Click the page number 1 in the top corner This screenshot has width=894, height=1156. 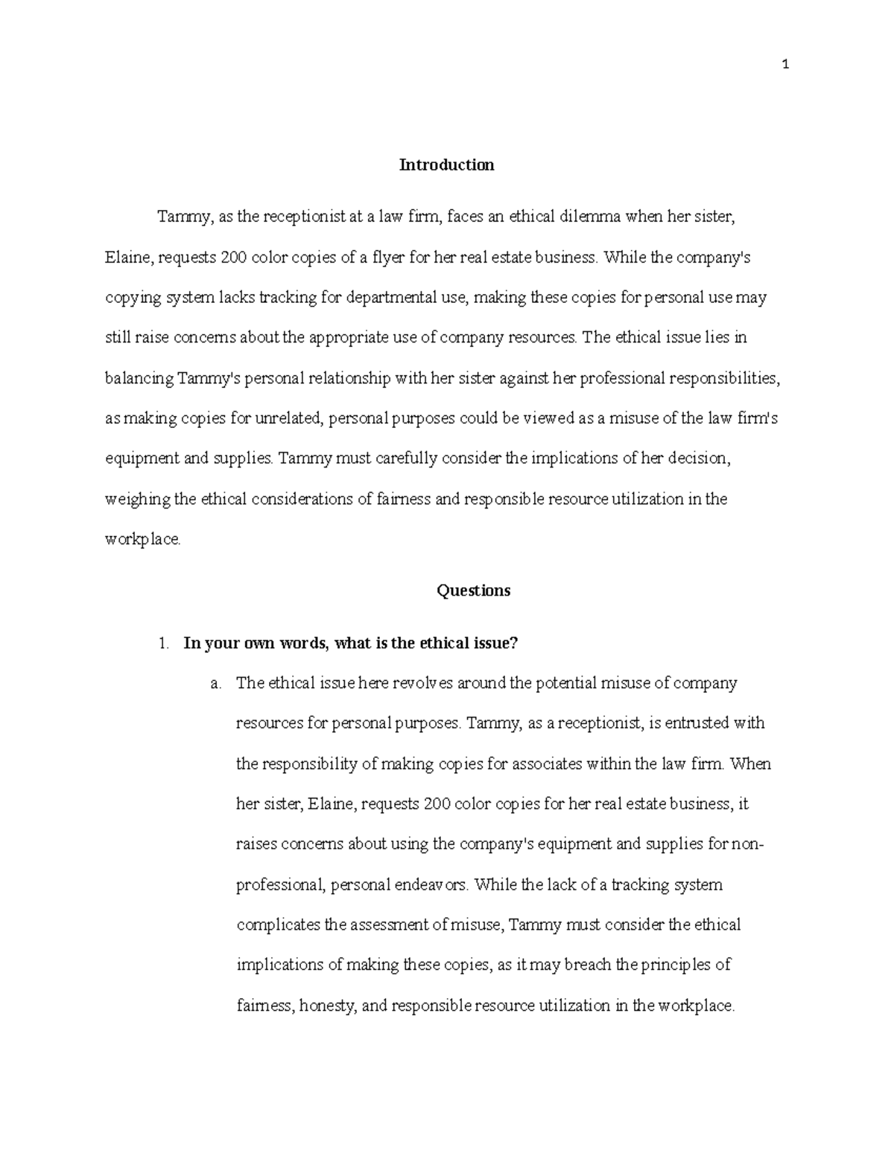coord(785,65)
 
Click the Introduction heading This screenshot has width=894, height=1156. coord(446,165)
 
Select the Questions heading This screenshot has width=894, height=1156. coord(473,590)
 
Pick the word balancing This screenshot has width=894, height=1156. coord(139,378)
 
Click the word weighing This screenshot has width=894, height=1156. coord(138,499)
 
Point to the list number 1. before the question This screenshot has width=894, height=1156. coord(165,644)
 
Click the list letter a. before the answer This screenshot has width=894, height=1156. coord(216,683)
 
